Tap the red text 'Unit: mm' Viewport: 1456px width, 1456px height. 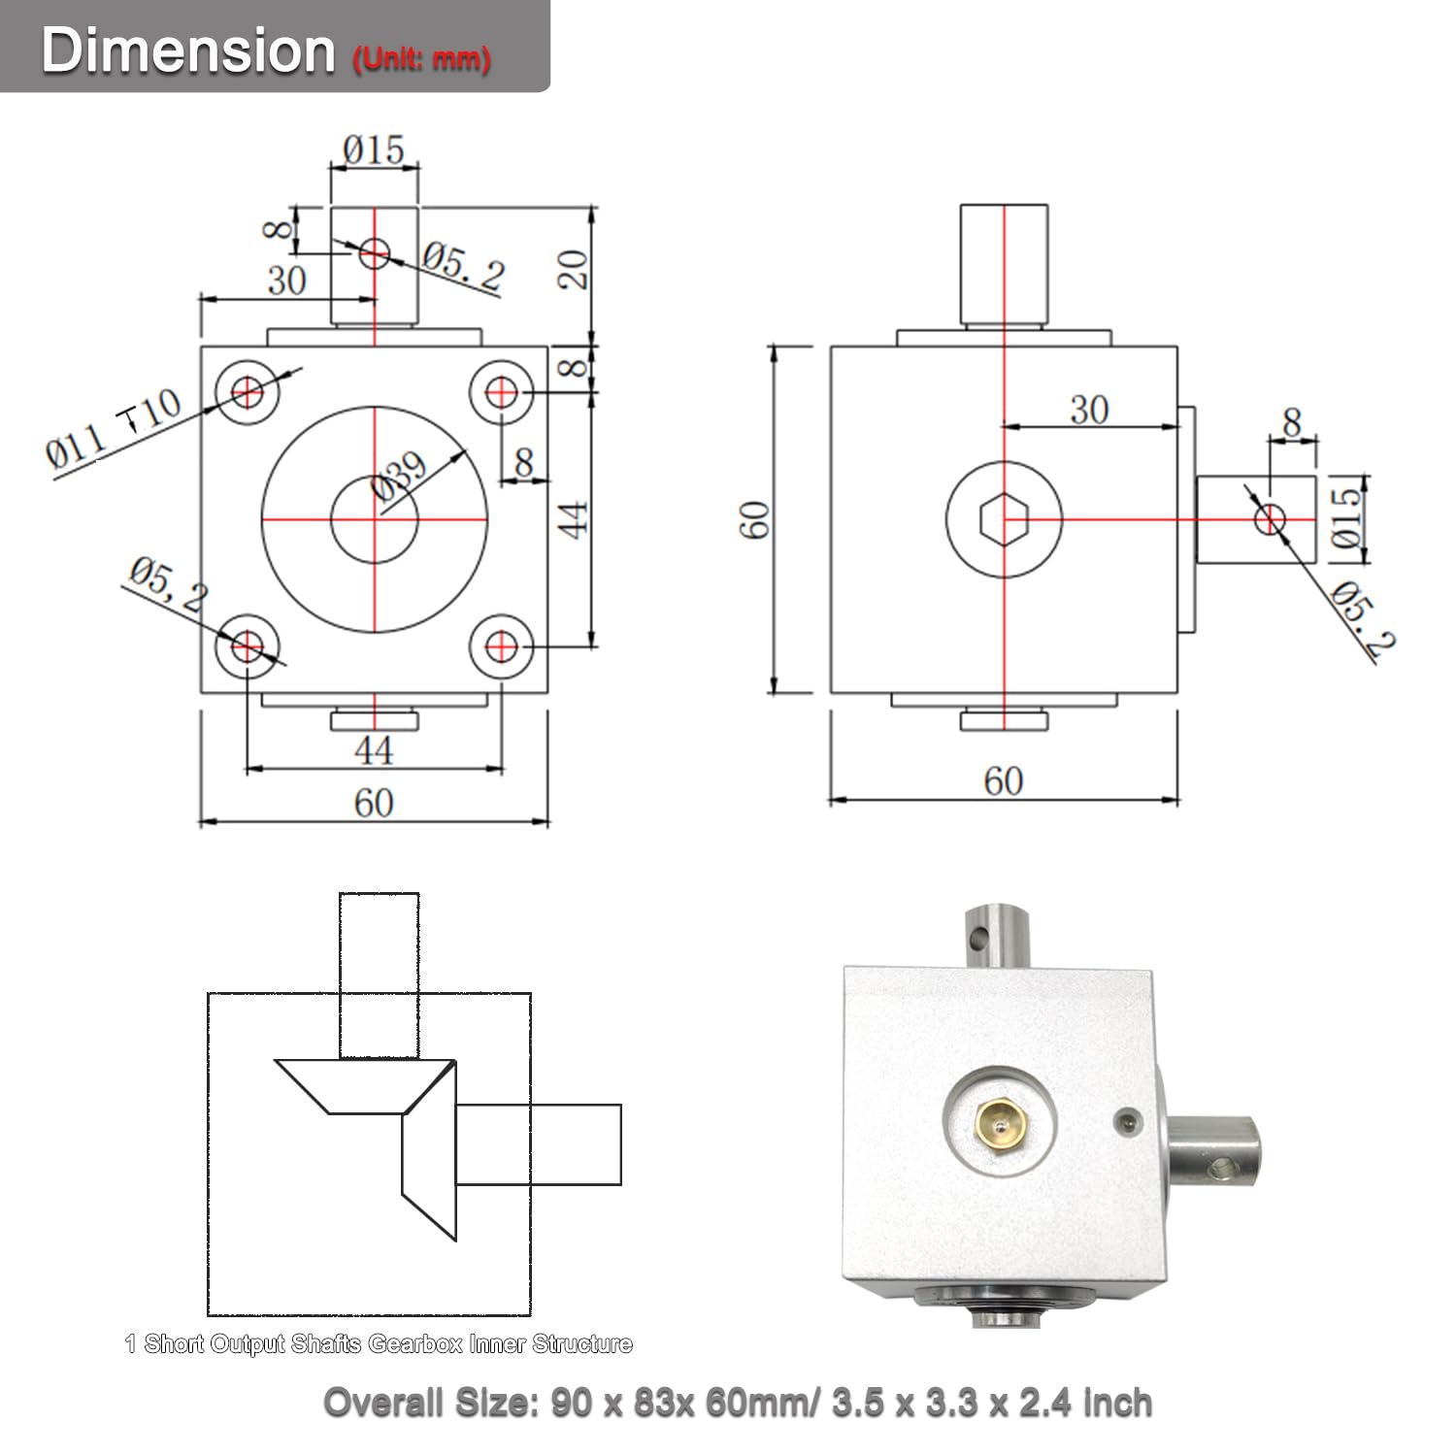(x=421, y=59)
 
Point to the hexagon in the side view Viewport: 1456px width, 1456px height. (x=1003, y=519)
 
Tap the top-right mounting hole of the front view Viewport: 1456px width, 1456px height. (x=502, y=392)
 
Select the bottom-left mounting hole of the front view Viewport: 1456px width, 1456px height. (x=248, y=645)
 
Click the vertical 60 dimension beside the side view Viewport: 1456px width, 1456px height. (x=756, y=519)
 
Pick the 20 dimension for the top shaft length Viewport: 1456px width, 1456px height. (x=574, y=269)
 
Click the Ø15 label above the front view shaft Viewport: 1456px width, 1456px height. (x=374, y=149)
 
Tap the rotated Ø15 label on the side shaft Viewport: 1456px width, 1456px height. (x=1346, y=517)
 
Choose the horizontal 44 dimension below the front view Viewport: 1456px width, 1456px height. (x=374, y=749)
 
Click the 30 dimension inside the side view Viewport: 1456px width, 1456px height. (x=1089, y=410)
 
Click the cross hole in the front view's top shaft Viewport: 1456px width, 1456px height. (x=374, y=255)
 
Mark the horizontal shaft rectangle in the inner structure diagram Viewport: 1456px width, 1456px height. (x=538, y=1144)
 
